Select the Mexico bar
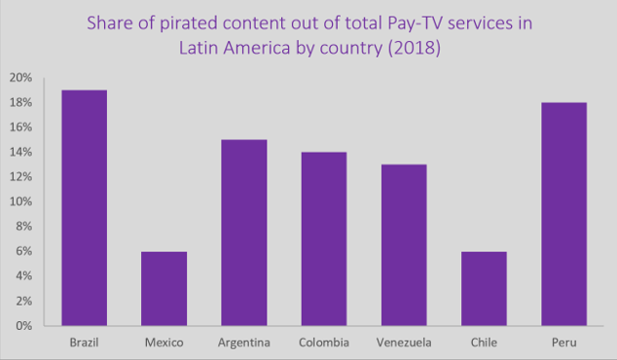163,288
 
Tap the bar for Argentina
242,233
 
